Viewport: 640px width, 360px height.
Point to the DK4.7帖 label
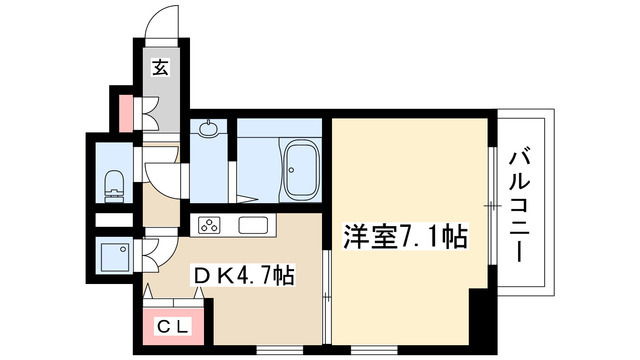click(x=244, y=274)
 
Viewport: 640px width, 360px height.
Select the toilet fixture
click(x=113, y=184)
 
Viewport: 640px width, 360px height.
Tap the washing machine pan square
click(x=112, y=257)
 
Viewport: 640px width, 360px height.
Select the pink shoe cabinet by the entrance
click(x=126, y=111)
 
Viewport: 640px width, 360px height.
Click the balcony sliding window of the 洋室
click(x=492, y=205)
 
